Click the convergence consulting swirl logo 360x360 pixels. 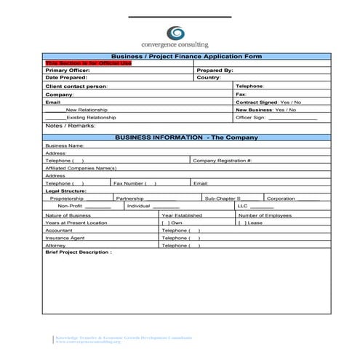click(176, 33)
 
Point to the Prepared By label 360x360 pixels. click(215, 71)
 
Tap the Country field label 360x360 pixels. click(209, 78)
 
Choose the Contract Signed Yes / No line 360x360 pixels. click(268, 103)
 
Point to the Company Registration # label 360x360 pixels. click(222, 160)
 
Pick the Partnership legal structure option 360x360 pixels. click(129, 198)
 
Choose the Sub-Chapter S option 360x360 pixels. click(223, 198)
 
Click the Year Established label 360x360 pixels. click(182, 215)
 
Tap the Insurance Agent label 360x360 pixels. click(65, 238)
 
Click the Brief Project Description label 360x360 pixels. click(79, 252)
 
